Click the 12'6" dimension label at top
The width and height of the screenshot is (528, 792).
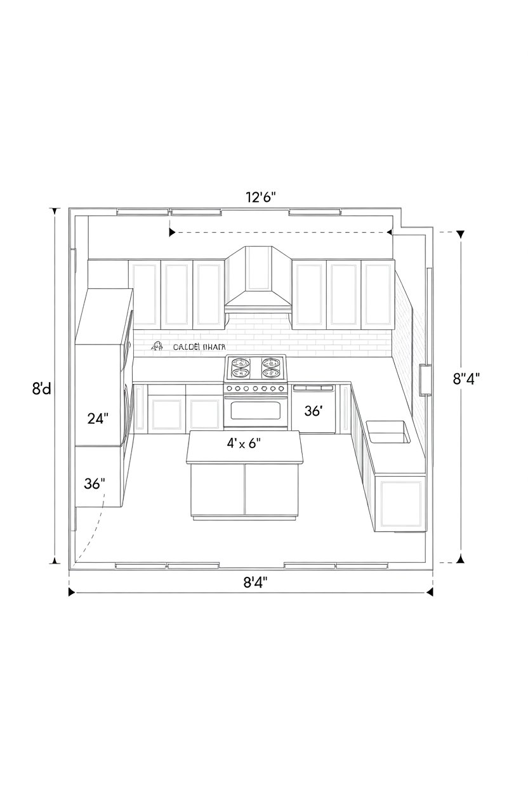coord(259,197)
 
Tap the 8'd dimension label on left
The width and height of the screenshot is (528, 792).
coord(41,388)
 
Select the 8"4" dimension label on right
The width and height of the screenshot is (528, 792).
coord(466,379)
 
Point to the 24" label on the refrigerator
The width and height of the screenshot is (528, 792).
coord(98,418)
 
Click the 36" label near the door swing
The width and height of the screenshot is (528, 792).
coord(95,483)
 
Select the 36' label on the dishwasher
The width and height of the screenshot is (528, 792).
coord(313,411)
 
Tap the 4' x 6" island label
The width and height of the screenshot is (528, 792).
coord(244,443)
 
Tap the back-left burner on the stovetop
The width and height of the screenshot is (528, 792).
coord(241,364)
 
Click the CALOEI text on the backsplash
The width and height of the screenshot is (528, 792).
coord(185,347)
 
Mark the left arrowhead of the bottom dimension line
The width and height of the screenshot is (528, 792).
coord(72,592)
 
